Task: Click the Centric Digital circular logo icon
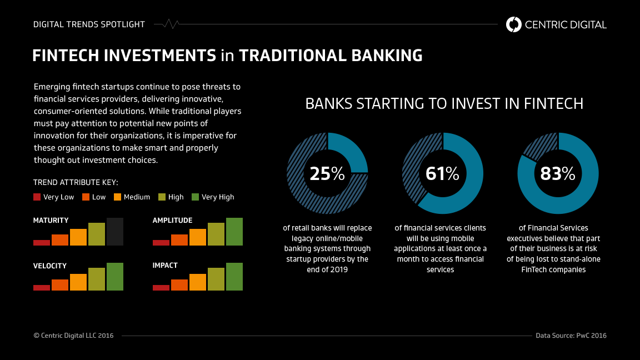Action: click(514, 24)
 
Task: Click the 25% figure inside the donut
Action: click(327, 174)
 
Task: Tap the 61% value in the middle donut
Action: click(442, 174)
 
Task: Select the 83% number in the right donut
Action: click(558, 174)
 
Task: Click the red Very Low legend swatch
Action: click(37, 197)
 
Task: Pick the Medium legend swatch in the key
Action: click(117, 197)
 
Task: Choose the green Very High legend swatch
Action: click(195, 197)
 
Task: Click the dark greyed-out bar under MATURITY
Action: click(115, 232)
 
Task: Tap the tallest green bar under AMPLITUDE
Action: click(234, 232)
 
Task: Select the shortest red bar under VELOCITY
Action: click(42, 288)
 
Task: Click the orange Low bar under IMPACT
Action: click(179, 285)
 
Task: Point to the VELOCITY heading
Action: click(50, 266)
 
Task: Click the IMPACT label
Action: click(165, 266)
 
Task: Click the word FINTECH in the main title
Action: click(66, 56)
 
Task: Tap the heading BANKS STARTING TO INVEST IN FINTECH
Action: click(444, 104)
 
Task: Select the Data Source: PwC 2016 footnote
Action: click(571, 336)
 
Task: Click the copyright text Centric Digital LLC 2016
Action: click(73, 336)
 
